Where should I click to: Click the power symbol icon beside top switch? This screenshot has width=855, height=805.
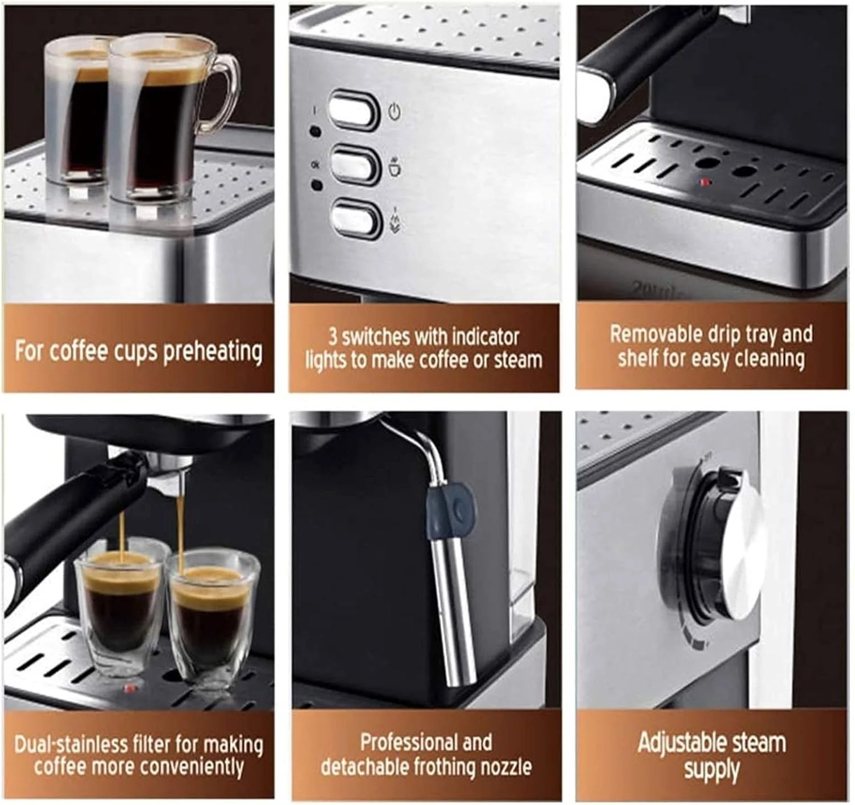click(394, 111)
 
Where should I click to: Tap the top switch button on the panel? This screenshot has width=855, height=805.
click(353, 109)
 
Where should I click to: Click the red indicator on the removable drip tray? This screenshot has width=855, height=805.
click(705, 183)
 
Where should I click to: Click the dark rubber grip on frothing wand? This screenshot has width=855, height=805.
click(451, 510)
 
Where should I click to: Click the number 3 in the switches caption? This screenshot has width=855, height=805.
click(333, 336)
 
